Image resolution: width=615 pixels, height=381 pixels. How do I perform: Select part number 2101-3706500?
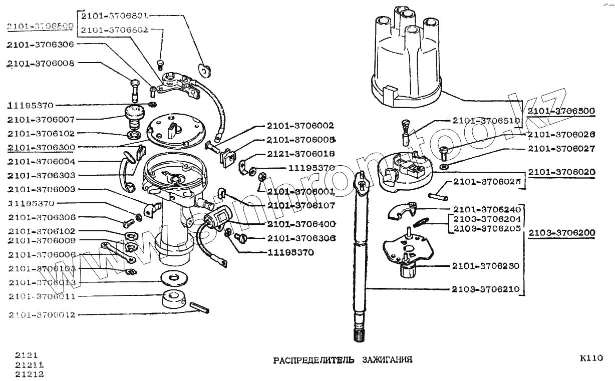pyautogui.click(x=561, y=111)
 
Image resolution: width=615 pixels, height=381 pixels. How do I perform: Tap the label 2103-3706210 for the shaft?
pyautogui.click(x=485, y=289)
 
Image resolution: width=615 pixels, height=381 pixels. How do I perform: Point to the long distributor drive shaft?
pyautogui.click(x=362, y=250)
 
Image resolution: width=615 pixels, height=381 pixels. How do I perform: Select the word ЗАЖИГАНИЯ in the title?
pyautogui.click(x=386, y=360)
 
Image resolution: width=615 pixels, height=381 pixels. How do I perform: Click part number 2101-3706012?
pyautogui.click(x=42, y=315)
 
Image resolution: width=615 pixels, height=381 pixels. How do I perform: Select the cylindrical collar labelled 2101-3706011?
pyautogui.click(x=174, y=299)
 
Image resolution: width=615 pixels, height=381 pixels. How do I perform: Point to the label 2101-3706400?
pyautogui.click(x=301, y=224)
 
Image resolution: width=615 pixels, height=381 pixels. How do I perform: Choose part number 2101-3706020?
pyautogui.click(x=561, y=172)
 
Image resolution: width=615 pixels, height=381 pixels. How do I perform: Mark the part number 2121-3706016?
pyautogui.click(x=300, y=154)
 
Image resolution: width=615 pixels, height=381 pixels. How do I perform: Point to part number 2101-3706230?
pyautogui.click(x=485, y=266)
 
